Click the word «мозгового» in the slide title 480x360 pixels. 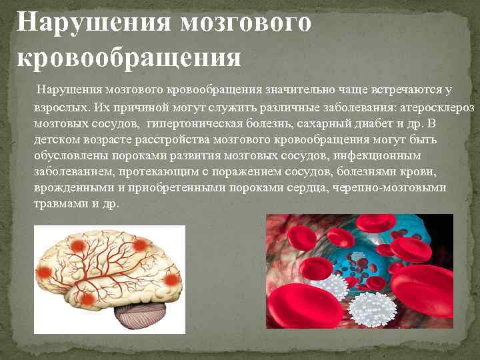245,22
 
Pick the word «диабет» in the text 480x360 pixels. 373,124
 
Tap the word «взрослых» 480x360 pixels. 59,107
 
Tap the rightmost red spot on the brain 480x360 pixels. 172,279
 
